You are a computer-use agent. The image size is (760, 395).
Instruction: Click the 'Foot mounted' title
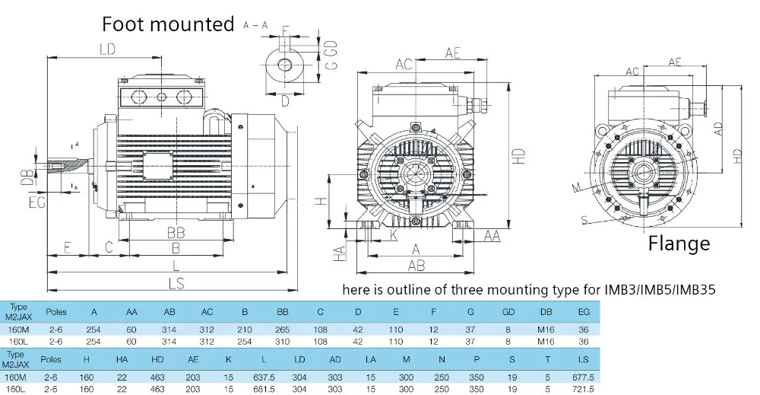[x=168, y=24]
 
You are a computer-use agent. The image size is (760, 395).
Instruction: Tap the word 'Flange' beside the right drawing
[x=679, y=244]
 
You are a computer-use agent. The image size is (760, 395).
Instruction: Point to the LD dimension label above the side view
[x=106, y=50]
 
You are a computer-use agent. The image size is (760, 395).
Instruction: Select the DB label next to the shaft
[x=27, y=177]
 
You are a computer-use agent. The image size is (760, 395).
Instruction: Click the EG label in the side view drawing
[x=36, y=202]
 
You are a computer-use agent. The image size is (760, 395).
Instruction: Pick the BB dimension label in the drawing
[x=176, y=232]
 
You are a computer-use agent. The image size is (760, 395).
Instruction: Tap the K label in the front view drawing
[x=393, y=237]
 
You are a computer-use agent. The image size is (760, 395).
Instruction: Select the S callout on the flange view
[x=584, y=220]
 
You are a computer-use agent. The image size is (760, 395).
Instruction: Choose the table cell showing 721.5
[x=583, y=388]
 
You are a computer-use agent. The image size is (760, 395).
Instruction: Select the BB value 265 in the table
[x=282, y=329]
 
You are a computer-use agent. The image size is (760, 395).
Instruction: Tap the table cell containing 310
[x=282, y=342]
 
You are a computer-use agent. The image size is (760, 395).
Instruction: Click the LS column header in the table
[x=583, y=359]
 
